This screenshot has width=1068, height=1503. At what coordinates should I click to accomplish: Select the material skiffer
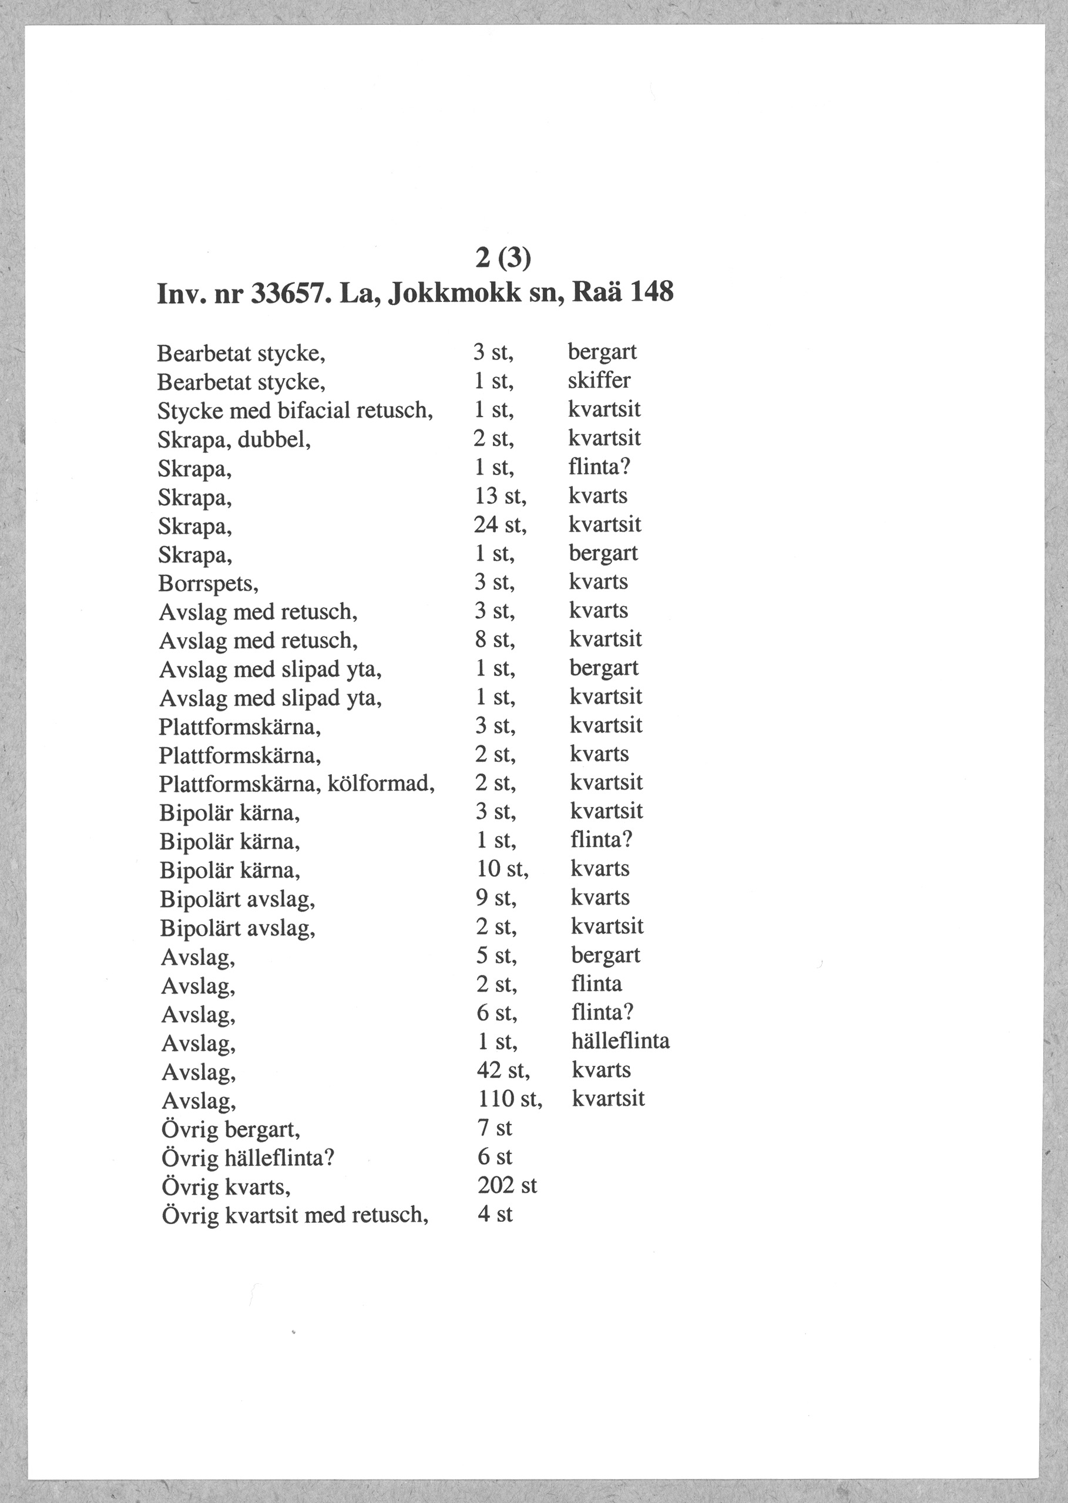(x=599, y=381)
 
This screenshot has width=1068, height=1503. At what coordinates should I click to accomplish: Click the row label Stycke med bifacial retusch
(x=295, y=411)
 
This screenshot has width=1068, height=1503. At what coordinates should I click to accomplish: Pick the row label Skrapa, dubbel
(x=234, y=439)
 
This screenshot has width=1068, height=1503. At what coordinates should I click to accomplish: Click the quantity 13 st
(x=501, y=496)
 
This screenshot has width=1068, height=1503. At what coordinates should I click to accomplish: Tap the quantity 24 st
(x=501, y=524)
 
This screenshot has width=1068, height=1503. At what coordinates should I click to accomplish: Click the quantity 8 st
(x=495, y=640)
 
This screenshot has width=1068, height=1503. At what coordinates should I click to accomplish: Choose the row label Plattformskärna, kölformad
(x=297, y=784)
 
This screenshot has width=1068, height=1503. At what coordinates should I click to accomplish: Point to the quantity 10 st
(x=502, y=869)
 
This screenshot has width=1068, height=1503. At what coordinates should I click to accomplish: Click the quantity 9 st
(x=496, y=898)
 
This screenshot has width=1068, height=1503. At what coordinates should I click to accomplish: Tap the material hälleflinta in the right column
(x=621, y=1041)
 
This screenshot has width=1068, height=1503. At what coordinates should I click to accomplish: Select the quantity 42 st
(x=503, y=1070)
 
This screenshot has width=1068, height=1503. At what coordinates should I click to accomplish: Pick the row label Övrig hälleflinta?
(x=248, y=1157)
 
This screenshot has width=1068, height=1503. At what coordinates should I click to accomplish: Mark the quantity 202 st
(x=507, y=1185)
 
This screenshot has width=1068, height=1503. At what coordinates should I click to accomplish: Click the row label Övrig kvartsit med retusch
(x=295, y=1215)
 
